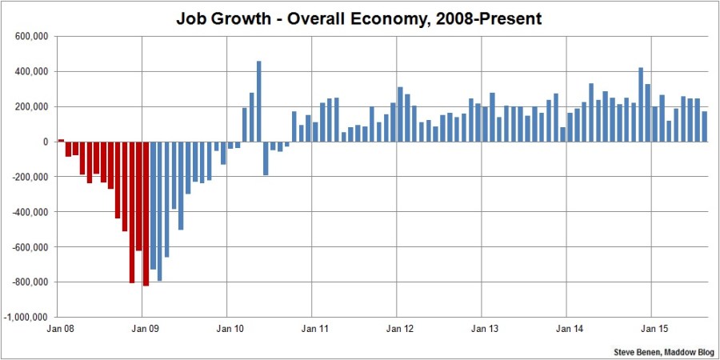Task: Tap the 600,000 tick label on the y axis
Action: [x=33, y=37]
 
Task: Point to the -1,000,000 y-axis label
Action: [x=29, y=318]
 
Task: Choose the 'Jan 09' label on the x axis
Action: [x=142, y=329]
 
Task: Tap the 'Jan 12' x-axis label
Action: [x=398, y=329]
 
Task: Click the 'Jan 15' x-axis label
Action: [x=651, y=329]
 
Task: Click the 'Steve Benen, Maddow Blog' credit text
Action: [x=662, y=350]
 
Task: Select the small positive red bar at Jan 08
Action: [x=61, y=140]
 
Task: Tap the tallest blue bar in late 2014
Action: [x=641, y=105]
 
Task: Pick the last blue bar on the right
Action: [x=705, y=126]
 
